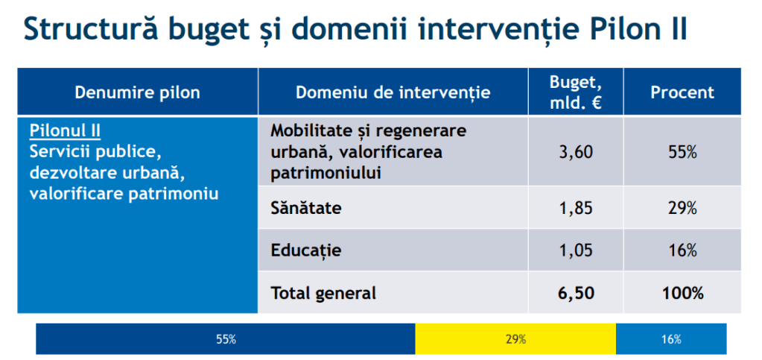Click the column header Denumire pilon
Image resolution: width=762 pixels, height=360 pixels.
(x=137, y=92)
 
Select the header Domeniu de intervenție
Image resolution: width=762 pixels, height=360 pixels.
(x=393, y=92)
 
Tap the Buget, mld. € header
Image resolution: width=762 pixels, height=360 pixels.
(x=575, y=92)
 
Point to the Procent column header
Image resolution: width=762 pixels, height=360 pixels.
(x=682, y=92)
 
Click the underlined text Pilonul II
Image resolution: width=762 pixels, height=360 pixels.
(x=65, y=132)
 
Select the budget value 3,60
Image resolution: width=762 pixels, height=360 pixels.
(x=575, y=152)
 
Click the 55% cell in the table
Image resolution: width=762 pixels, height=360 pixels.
(x=682, y=152)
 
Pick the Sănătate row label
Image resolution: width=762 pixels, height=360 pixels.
(x=306, y=208)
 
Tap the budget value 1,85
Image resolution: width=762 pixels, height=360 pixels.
(x=575, y=208)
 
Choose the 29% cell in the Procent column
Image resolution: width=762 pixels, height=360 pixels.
(x=682, y=208)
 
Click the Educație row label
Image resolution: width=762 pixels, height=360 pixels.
(x=306, y=250)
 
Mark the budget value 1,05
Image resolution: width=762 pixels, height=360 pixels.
(x=575, y=250)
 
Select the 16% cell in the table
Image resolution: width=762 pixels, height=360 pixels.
(x=682, y=250)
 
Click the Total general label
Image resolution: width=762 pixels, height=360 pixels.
(x=323, y=293)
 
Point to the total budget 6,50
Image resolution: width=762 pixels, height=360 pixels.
(x=575, y=293)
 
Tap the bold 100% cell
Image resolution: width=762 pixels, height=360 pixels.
(x=682, y=293)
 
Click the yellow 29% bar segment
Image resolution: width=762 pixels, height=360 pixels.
(x=515, y=339)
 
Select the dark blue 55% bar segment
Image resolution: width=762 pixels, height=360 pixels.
(x=226, y=339)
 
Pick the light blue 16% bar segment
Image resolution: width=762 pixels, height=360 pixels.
(x=670, y=339)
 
